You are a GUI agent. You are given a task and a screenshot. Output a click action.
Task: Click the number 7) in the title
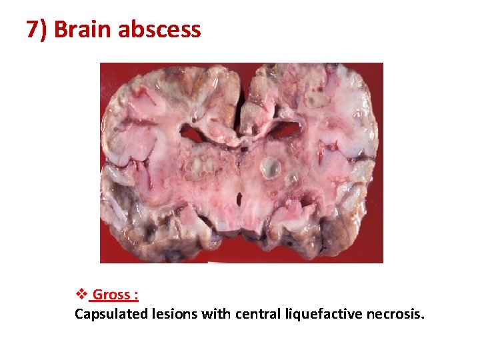[37, 30]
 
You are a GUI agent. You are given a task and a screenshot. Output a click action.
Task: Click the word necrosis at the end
[395, 314]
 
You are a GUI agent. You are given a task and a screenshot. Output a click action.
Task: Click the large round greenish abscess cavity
[270, 167]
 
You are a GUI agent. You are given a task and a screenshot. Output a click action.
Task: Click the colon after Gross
[136, 295]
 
